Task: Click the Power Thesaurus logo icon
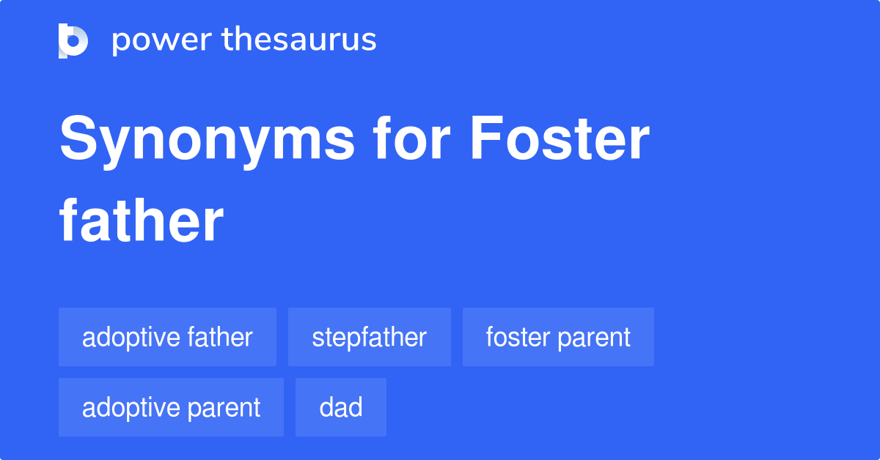coord(73,40)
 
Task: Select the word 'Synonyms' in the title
coord(208,141)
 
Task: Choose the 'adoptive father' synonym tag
coord(167,337)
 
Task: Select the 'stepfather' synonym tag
coord(369,337)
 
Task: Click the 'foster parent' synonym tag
coord(558,337)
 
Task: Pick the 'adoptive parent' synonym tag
coord(171,407)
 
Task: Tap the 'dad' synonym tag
coord(341,407)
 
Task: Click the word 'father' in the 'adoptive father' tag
coord(219,337)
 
